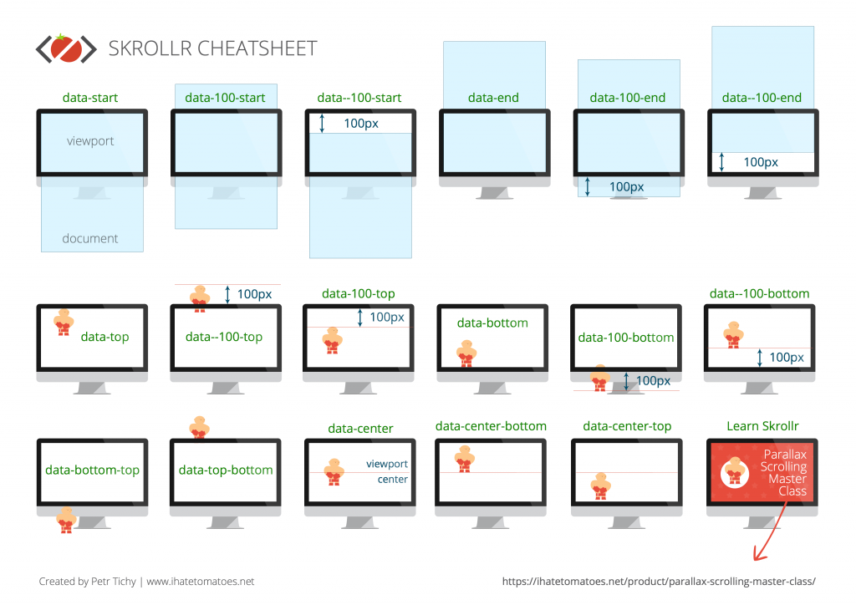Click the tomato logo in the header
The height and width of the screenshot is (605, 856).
coord(66,48)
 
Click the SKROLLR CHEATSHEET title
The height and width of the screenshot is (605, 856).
coord(212,48)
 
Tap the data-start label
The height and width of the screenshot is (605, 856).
coord(90,98)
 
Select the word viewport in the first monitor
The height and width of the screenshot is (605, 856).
coord(90,140)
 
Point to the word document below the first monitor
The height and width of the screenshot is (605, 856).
coord(90,238)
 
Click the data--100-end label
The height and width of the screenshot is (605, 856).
coord(762,98)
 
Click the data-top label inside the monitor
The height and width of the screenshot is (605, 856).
coord(104,337)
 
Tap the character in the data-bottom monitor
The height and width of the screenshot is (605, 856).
coord(466,353)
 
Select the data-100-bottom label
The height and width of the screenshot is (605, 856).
coord(625,338)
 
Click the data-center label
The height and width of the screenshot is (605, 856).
coord(360,428)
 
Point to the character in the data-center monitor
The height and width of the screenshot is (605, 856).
coord(334,472)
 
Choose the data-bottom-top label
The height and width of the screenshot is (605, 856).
coord(92,470)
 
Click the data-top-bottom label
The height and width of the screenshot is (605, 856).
coord(226,470)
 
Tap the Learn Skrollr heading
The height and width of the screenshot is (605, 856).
coord(762,426)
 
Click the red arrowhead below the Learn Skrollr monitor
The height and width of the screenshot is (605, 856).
coord(759,554)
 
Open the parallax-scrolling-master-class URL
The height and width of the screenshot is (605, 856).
coord(659,582)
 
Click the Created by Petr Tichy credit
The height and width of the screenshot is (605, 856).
coord(87,582)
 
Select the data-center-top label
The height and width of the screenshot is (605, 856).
coord(627,426)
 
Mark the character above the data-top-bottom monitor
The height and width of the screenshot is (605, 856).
coord(199,427)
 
